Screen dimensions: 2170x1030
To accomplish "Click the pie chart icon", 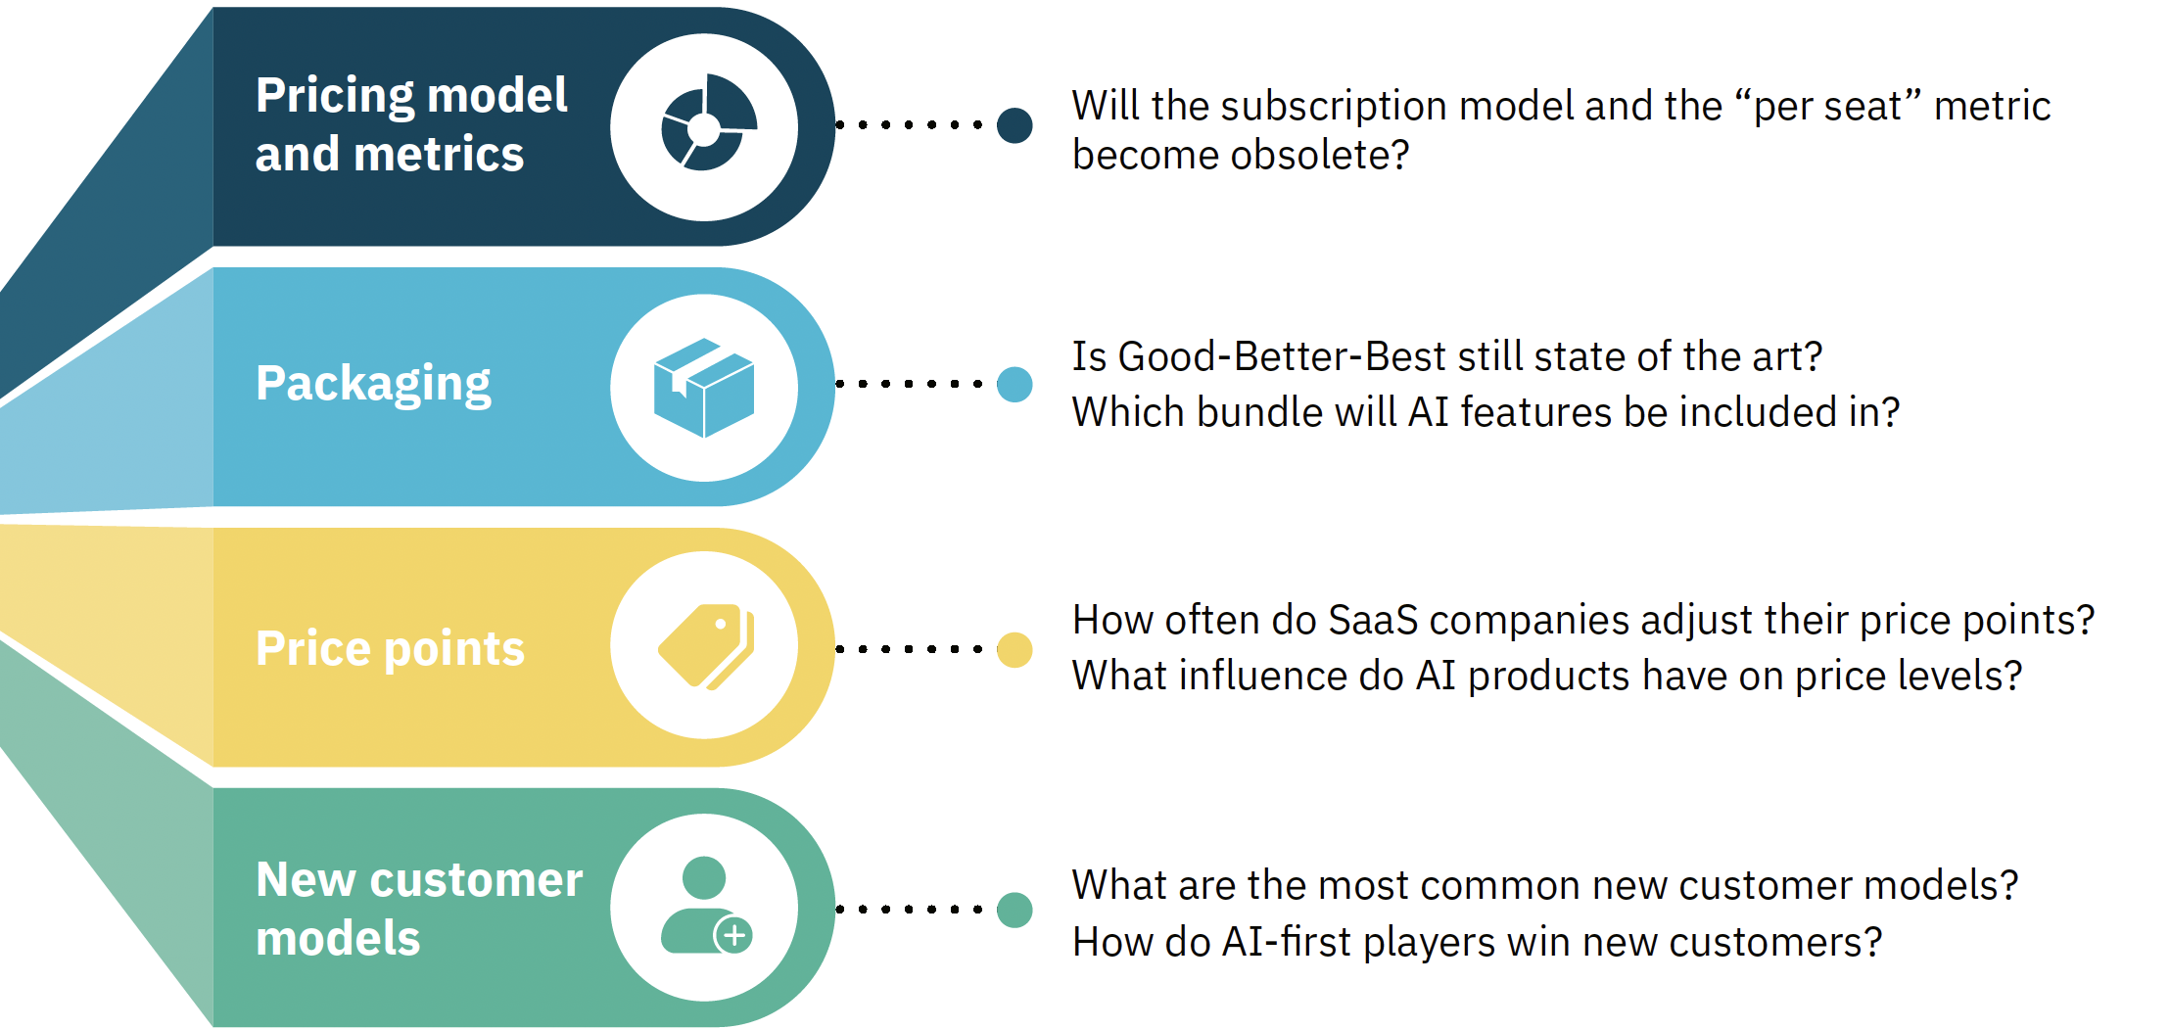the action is (707, 123).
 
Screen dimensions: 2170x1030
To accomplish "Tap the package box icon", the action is (704, 388).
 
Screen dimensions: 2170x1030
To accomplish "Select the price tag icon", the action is (706, 646).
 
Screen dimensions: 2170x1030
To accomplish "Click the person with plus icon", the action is (706, 905).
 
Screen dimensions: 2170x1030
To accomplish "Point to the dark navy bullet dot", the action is (1014, 125).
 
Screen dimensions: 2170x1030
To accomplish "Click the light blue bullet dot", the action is (1014, 384).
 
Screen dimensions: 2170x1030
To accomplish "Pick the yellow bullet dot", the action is (1014, 649).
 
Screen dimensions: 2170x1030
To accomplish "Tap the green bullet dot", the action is (1014, 910).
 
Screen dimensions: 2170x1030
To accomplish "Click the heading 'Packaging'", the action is (373, 384).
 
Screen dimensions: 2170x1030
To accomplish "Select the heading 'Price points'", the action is (390, 648).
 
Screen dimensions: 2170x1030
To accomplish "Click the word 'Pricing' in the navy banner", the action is (335, 96).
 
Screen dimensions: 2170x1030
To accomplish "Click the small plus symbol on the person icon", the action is (733, 935).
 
